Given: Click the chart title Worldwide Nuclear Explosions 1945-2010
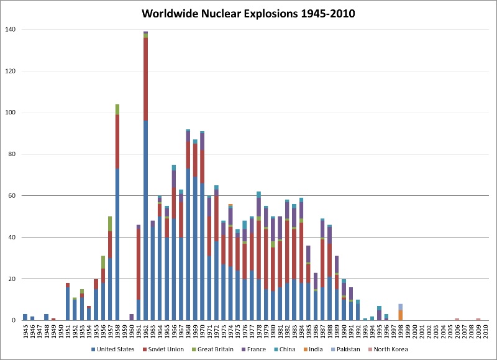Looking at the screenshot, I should click(248, 14).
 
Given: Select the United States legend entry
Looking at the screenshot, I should click(116, 349).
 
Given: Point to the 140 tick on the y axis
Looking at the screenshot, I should click(11, 29).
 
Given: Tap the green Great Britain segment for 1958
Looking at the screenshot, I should click(117, 109).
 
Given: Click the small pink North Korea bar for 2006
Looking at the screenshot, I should click(457, 320).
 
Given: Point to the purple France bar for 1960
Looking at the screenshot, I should click(131, 317).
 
